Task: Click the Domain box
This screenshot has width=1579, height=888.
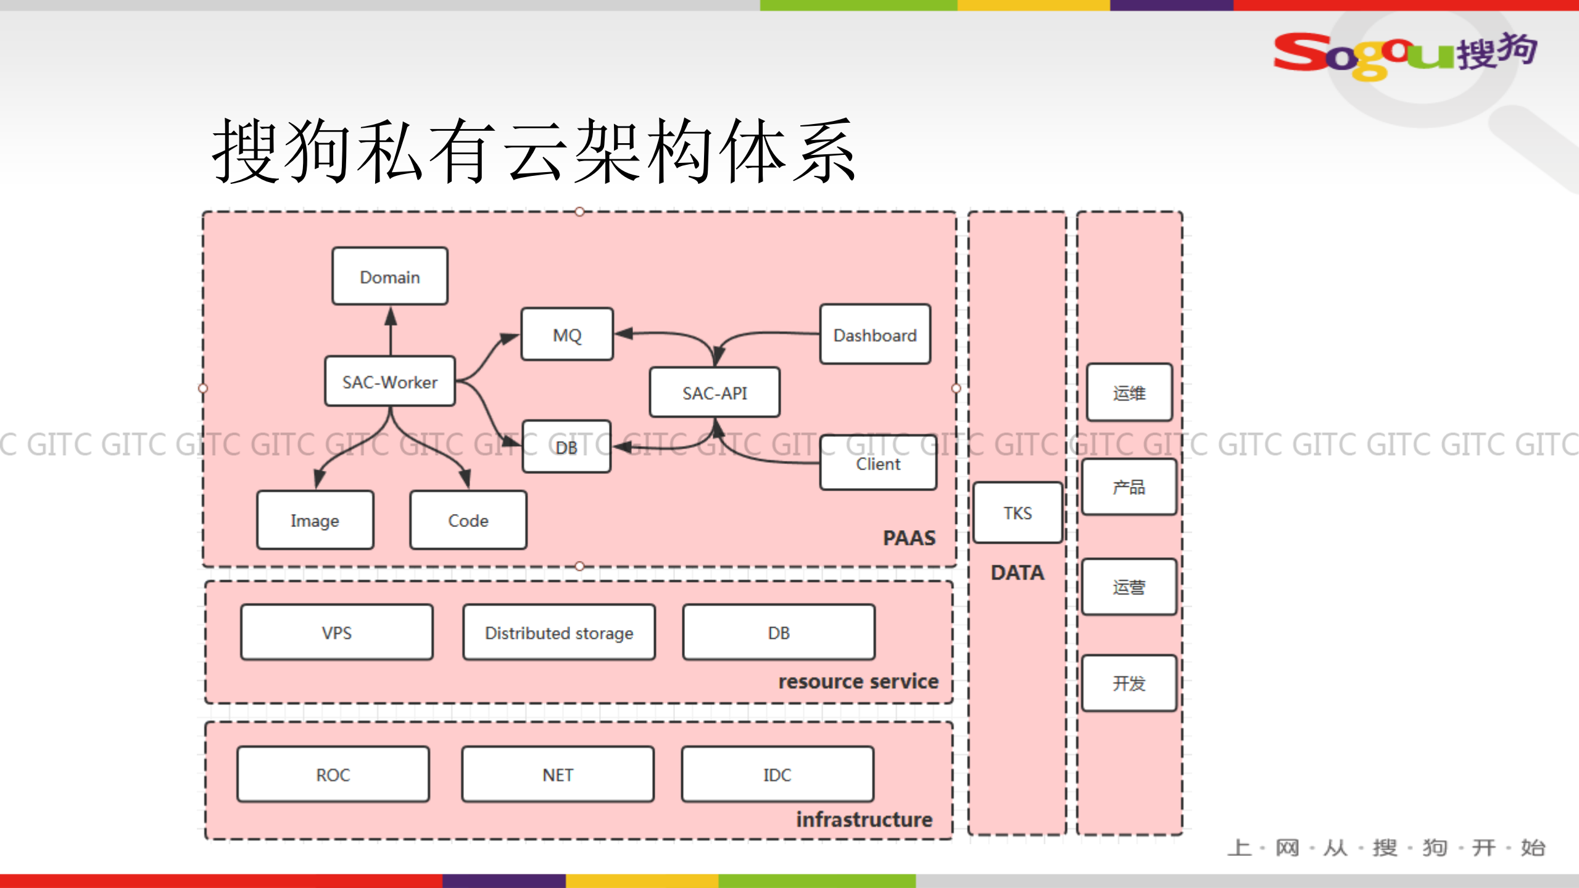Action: pyautogui.click(x=389, y=276)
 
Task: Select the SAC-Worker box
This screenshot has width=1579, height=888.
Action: pyautogui.click(x=389, y=381)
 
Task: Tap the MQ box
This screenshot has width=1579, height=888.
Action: pyautogui.click(x=566, y=334)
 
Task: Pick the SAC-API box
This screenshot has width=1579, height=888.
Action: pyautogui.click(x=715, y=392)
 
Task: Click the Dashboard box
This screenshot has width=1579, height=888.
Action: pyautogui.click(x=874, y=334)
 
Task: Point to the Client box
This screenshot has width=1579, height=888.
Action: pyautogui.click(x=877, y=463)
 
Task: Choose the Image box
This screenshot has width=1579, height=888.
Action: pyautogui.click(x=315, y=520)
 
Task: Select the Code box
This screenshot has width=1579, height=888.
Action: pyautogui.click(x=468, y=520)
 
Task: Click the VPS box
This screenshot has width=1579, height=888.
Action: pyautogui.click(x=336, y=633)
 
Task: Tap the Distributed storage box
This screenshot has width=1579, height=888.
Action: pyautogui.click(x=558, y=633)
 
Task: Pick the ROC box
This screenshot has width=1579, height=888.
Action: pyautogui.click(x=333, y=774)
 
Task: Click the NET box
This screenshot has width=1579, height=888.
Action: pyautogui.click(x=557, y=774)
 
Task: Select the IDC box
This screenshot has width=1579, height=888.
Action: pyautogui.click(x=777, y=774)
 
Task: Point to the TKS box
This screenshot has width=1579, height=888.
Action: pyautogui.click(x=1017, y=513)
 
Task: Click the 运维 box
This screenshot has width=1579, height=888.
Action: pyautogui.click(x=1129, y=392)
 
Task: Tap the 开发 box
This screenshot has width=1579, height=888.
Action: pyautogui.click(x=1129, y=683)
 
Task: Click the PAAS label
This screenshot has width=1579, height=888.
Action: pyautogui.click(x=909, y=537)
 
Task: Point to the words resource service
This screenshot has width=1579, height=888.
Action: pyautogui.click(x=858, y=681)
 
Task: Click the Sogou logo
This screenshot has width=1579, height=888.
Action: pyautogui.click(x=1404, y=54)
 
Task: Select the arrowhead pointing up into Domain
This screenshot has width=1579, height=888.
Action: pyautogui.click(x=391, y=316)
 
